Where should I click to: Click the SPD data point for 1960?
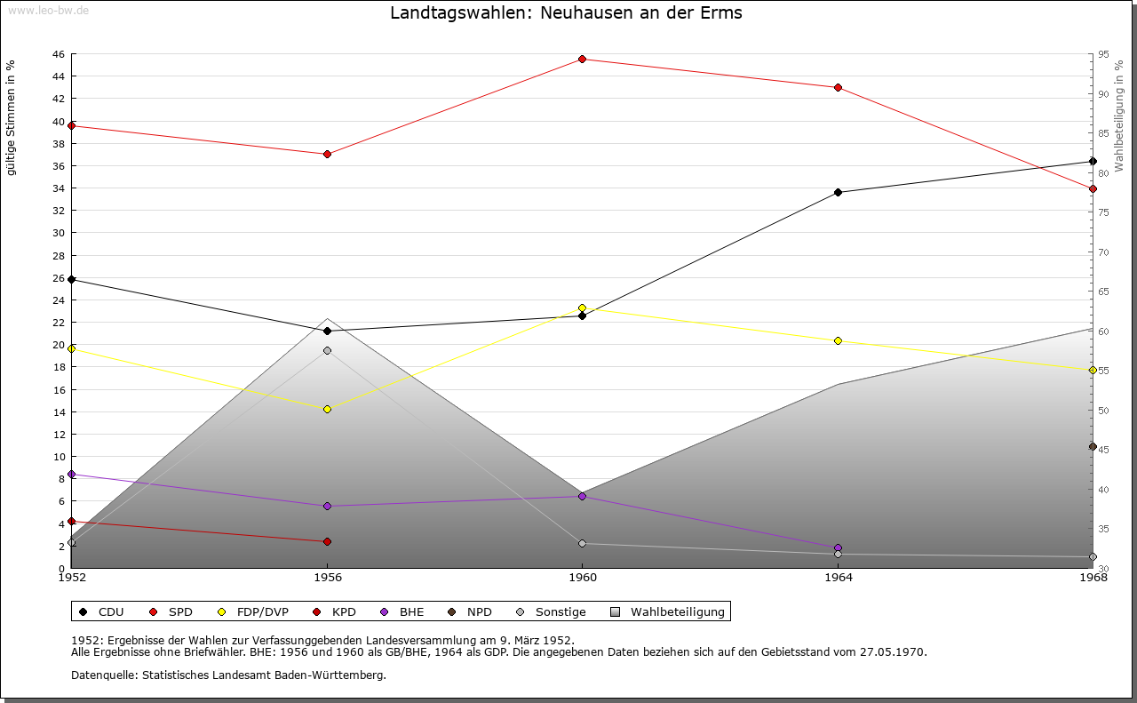pos(582,60)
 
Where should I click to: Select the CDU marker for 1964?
pos(838,192)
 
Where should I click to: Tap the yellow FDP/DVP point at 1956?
pos(327,410)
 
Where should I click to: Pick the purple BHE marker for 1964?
pos(838,548)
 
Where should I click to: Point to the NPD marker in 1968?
pos(1093,447)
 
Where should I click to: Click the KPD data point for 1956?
pos(327,541)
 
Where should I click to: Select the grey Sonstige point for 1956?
pos(327,351)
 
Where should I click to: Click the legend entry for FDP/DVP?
pos(253,611)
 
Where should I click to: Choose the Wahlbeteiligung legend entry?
pos(669,611)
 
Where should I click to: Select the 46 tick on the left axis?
pos(58,54)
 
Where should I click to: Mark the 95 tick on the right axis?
pos(1102,54)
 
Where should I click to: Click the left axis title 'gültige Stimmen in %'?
pos(12,117)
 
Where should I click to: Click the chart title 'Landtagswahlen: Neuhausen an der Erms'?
pos(566,13)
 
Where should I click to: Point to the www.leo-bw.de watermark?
pos(45,10)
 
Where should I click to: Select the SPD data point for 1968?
pos(1093,188)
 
